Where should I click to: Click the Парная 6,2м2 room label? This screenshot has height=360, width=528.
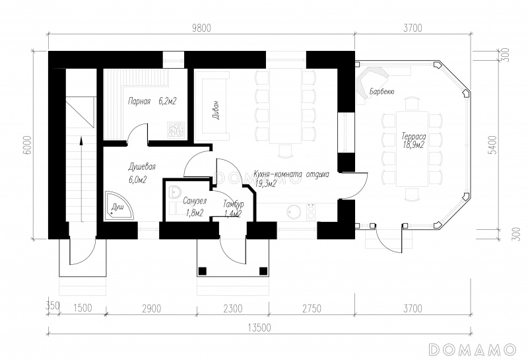click(x=152, y=101)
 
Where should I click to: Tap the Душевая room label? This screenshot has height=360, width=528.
click(x=142, y=167)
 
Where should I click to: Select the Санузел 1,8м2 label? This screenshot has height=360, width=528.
click(x=195, y=207)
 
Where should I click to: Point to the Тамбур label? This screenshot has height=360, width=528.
click(x=234, y=204)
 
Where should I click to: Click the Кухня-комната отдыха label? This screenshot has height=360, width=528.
click(x=292, y=174)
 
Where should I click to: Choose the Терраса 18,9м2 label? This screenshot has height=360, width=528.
click(x=414, y=141)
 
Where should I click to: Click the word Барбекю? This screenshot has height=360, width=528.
click(x=381, y=91)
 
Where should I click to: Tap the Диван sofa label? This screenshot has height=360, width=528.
click(x=216, y=110)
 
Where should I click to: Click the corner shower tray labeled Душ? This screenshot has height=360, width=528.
click(x=119, y=206)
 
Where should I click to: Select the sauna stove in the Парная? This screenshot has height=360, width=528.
click(x=176, y=129)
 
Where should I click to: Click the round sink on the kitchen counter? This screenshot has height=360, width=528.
click(x=294, y=212)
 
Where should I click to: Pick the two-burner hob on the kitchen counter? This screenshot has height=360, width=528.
click(x=311, y=212)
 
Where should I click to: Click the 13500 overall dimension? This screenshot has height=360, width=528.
click(x=259, y=328)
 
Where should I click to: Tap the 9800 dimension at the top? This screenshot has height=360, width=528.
click(x=201, y=28)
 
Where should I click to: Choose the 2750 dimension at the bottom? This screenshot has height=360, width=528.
click(x=311, y=308)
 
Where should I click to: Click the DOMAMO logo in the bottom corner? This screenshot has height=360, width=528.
click(x=473, y=349)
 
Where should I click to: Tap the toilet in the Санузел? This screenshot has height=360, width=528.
click(x=174, y=192)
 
